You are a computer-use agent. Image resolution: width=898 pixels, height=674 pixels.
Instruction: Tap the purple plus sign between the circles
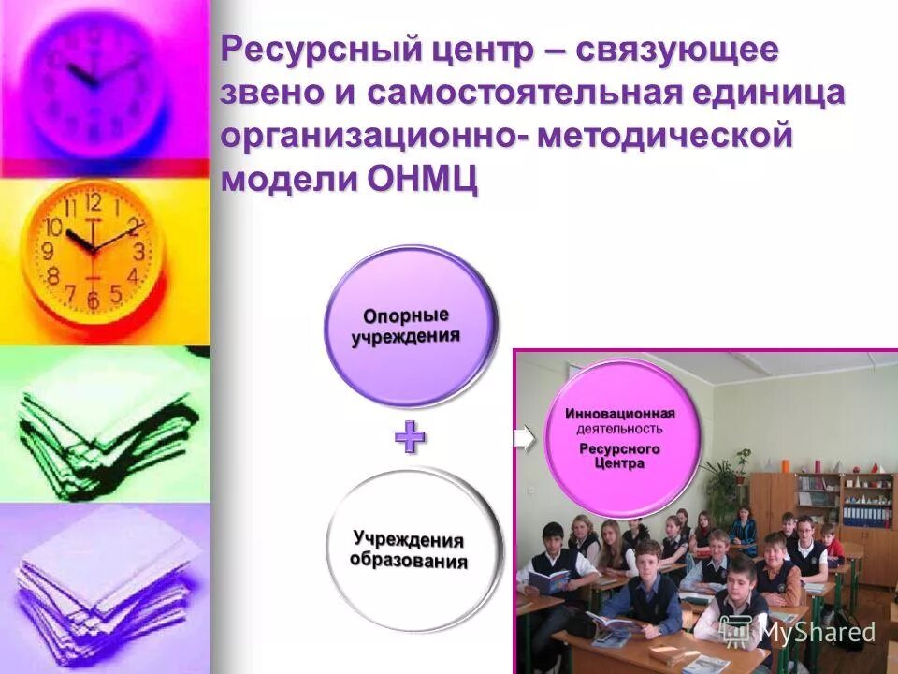click(x=410, y=438)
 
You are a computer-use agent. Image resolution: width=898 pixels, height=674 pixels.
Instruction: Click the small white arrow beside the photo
click(x=525, y=438)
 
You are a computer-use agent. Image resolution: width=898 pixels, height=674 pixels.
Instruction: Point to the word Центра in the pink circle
click(x=618, y=464)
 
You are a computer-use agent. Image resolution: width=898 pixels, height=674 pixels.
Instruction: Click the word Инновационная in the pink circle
click(x=619, y=413)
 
